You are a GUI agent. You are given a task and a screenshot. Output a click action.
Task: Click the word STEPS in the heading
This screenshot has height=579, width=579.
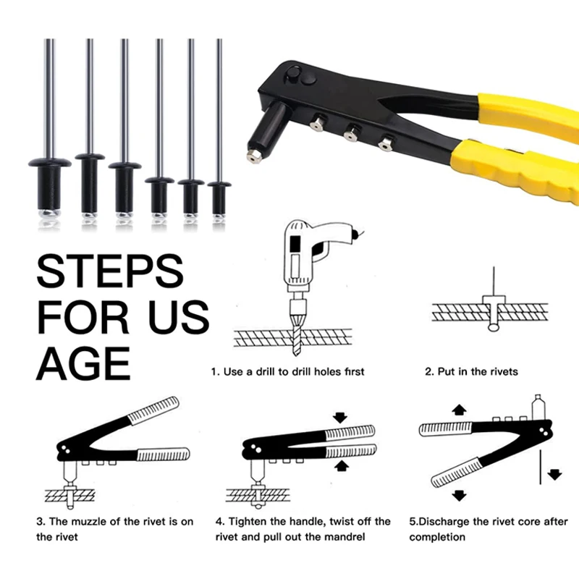[x=110, y=271]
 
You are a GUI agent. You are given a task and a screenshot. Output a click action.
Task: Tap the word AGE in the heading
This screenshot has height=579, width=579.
[x=83, y=363]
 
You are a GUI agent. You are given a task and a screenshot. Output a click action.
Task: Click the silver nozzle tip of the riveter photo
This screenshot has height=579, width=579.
[x=254, y=156]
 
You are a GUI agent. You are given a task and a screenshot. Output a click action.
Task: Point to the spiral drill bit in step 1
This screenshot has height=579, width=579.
[x=297, y=335]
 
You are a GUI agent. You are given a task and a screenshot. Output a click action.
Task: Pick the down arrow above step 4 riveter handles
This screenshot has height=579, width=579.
[x=339, y=418]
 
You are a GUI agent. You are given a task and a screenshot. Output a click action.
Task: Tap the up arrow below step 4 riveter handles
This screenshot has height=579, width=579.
[x=341, y=465]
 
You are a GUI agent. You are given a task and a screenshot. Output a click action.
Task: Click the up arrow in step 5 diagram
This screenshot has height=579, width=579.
[x=459, y=410]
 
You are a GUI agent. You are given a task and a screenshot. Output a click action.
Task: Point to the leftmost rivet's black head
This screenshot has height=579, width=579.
[x=50, y=162]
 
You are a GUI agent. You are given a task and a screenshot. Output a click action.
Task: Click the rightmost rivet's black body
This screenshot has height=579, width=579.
[x=219, y=200]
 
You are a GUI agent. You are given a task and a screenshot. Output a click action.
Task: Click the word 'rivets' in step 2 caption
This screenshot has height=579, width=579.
[x=504, y=371]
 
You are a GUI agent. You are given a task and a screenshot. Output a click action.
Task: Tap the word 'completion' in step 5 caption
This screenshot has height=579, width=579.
[x=437, y=537]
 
